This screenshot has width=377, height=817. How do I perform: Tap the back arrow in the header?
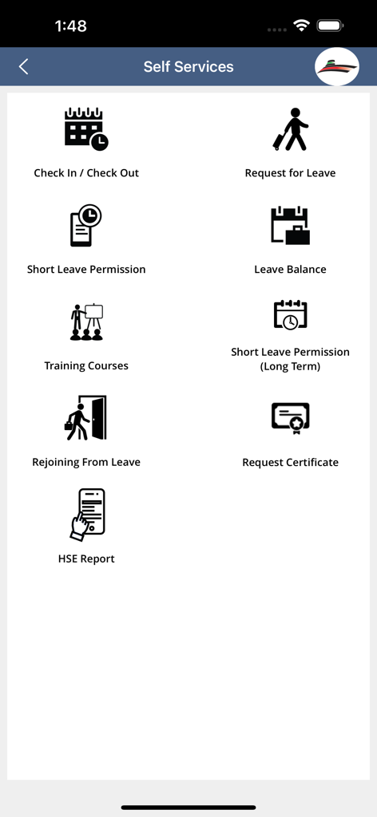tap(24, 67)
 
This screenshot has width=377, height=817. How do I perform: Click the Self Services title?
tap(188, 67)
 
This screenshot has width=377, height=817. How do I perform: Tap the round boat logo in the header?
tap(337, 67)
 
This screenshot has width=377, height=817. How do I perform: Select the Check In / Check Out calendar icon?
tap(86, 129)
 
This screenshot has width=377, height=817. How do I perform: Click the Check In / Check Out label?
tap(86, 173)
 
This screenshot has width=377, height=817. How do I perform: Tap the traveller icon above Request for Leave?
tap(290, 129)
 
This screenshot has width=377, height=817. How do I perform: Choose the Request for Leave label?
tap(290, 173)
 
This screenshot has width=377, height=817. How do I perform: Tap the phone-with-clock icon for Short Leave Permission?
tap(86, 226)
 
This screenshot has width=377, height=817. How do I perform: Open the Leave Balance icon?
tap(290, 226)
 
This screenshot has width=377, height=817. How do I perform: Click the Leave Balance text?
tap(290, 270)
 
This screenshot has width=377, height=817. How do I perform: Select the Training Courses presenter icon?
tap(86, 322)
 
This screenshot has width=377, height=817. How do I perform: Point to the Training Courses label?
tap(86, 366)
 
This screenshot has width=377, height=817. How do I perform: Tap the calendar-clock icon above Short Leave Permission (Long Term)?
tap(290, 315)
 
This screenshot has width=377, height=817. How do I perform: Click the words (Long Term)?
tap(290, 367)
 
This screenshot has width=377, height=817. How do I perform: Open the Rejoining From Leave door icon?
tap(86, 418)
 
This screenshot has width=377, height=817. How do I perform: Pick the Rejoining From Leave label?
tap(86, 463)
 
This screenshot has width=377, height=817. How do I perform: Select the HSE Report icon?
tap(86, 515)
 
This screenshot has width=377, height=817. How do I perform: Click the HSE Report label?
tap(86, 559)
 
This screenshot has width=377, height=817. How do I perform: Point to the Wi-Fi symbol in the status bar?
tap(301, 26)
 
